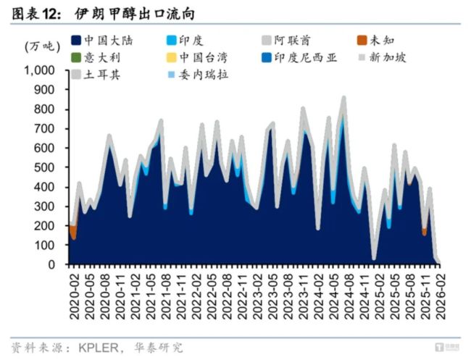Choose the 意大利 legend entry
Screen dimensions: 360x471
(x=98, y=57)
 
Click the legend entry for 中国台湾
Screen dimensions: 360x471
(x=199, y=57)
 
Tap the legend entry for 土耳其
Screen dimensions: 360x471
(x=98, y=74)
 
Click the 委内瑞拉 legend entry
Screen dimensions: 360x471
(x=199, y=74)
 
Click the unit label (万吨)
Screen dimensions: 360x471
(x=39, y=46)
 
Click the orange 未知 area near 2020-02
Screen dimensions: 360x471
(x=73, y=231)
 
